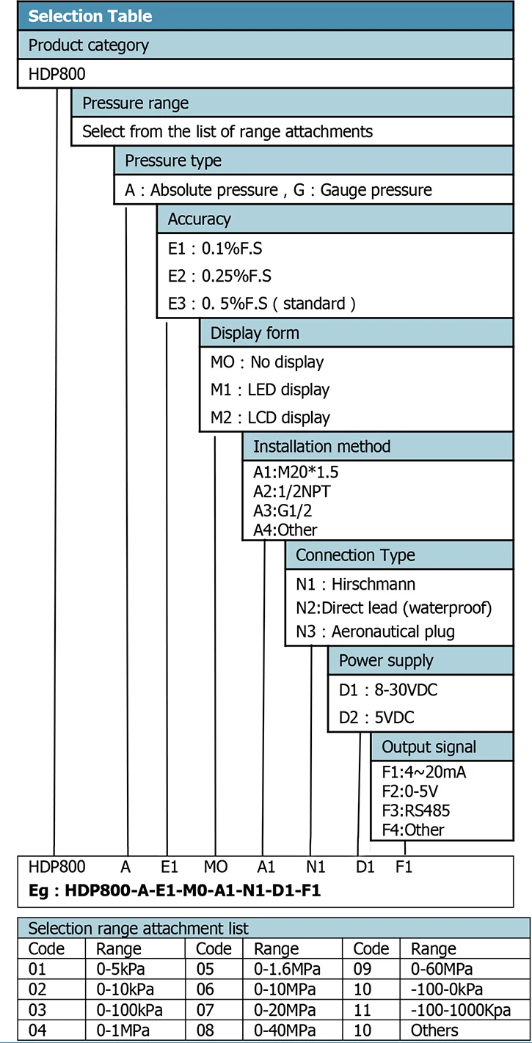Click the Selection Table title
tap(90, 16)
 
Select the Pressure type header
tap(173, 161)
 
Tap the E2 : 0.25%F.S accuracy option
tap(219, 276)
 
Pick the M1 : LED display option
tap(270, 389)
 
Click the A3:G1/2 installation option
tap(283, 510)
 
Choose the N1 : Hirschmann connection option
tap(355, 584)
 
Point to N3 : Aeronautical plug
tap(375, 632)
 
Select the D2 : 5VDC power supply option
tap(376, 717)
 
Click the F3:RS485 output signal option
tap(415, 810)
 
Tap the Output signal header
tap(429, 747)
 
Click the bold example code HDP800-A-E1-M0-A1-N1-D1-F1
tap(192, 890)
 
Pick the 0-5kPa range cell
tap(120, 969)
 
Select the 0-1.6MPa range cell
tap(287, 969)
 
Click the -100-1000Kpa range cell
tap(460, 1010)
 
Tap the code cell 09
tap(362, 969)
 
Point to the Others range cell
tap(434, 1031)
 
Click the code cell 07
tap(205, 1010)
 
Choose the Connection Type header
tap(355, 555)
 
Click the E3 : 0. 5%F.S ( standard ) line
tap(261, 304)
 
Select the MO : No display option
tap(267, 362)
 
